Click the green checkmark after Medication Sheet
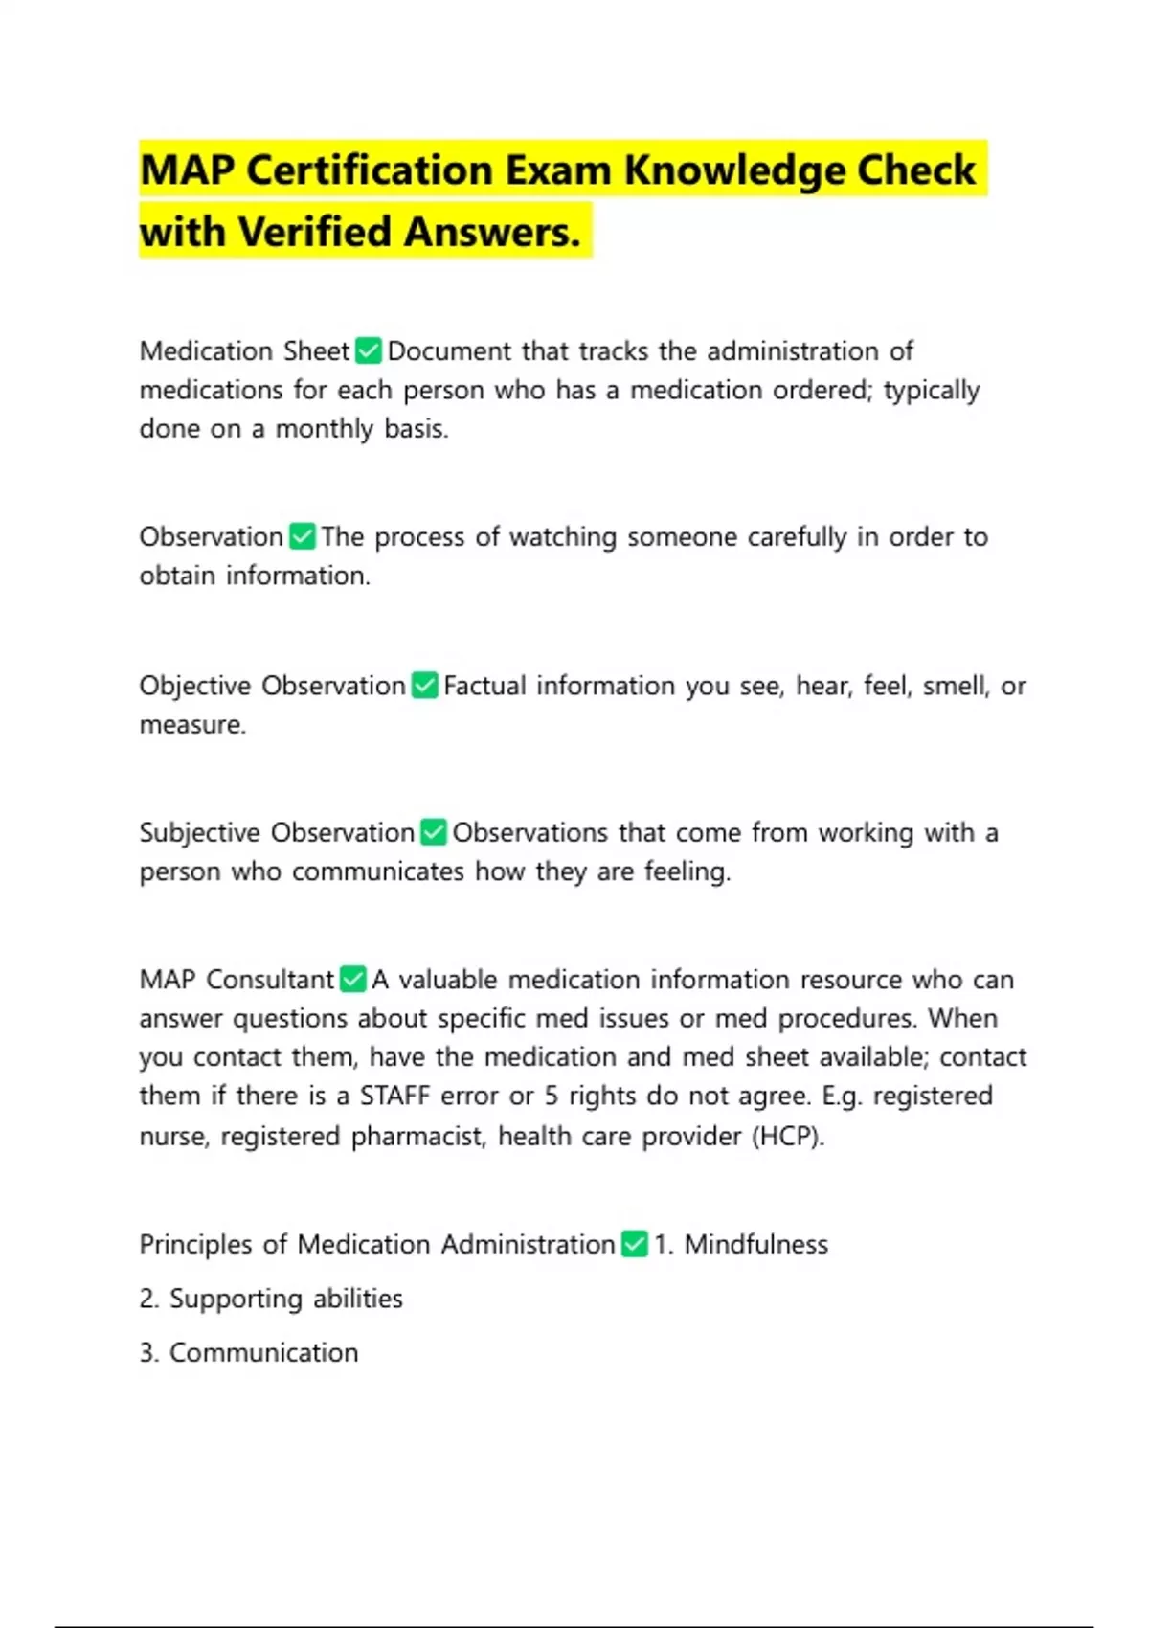[369, 351]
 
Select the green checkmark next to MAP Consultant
[353, 980]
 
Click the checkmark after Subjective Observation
[434, 832]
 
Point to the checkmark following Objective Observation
[425, 686]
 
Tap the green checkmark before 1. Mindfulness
[635, 1244]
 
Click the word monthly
[325, 429]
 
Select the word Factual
[484, 686]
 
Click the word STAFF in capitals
[394, 1096]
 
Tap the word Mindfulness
[755, 1244]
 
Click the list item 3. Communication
[249, 1352]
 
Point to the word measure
[191, 725]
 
